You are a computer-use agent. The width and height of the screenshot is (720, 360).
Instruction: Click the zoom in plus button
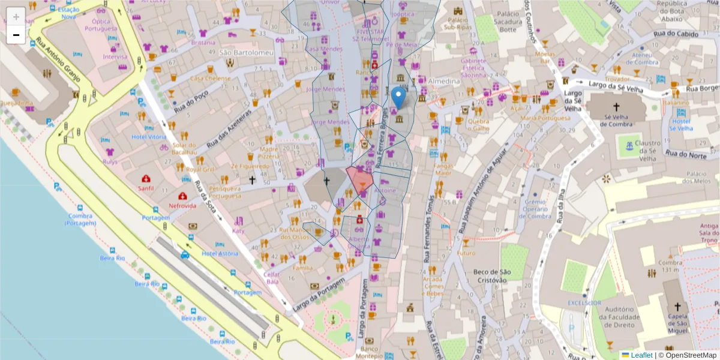pos(16,16)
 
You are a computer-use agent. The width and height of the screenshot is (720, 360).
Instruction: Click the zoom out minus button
pos(16,35)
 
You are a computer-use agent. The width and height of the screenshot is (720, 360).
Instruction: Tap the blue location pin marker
pos(398,98)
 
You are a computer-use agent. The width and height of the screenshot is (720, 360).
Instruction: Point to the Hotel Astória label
pos(220,254)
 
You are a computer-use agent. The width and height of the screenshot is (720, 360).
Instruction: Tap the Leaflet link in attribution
pos(641,355)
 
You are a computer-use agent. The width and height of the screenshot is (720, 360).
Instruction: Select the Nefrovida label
pos(182,206)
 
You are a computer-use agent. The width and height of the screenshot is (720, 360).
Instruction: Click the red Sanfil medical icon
pos(146,179)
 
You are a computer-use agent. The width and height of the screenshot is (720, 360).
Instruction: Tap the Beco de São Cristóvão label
pos(491,277)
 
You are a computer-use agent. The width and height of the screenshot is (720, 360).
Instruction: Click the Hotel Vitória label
pos(149,137)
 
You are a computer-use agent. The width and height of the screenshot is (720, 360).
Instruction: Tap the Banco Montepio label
pos(370,352)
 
